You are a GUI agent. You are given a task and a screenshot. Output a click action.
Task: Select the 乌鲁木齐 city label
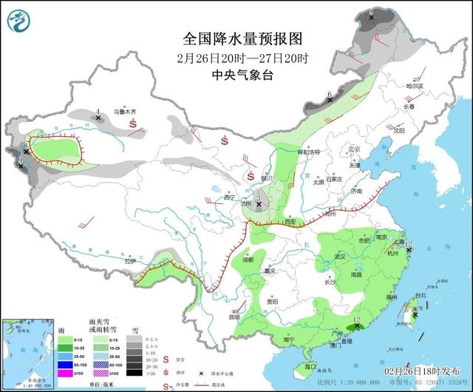125,112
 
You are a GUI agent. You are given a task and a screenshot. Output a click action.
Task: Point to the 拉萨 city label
131,260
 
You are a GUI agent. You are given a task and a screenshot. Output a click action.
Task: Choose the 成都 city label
247,259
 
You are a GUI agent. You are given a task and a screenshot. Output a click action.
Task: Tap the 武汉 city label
341,256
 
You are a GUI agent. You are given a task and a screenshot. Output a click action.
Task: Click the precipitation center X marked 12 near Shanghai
408,250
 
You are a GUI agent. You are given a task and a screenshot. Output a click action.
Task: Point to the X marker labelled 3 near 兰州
259,203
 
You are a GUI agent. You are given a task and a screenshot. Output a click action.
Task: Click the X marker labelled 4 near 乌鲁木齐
98,118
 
